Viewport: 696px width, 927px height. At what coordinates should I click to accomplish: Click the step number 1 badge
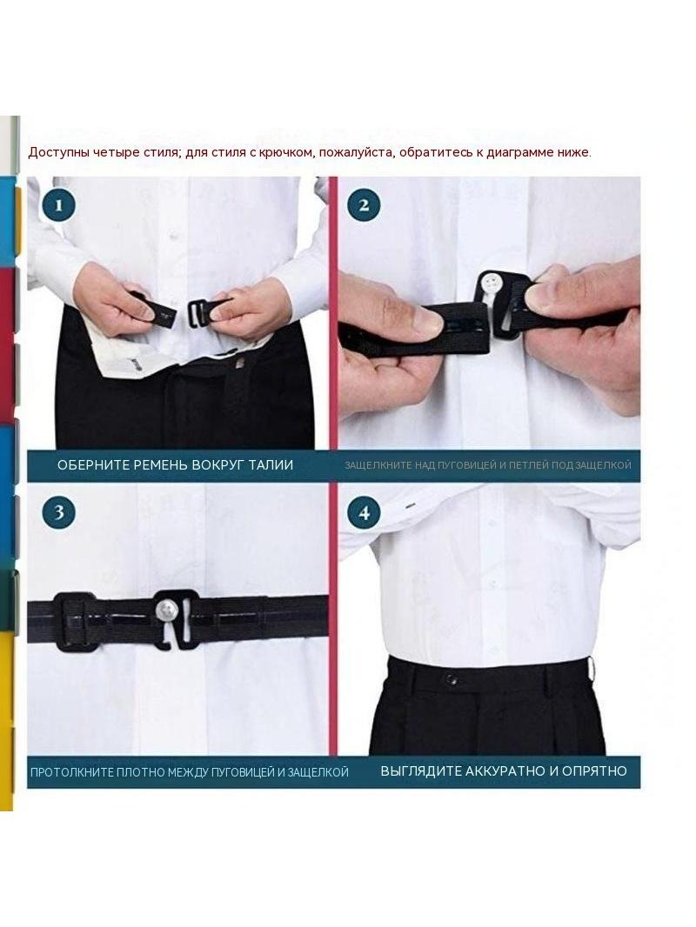point(58,205)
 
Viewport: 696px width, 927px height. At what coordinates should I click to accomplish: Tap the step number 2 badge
point(364,205)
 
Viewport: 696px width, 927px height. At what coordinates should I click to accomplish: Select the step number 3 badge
point(58,512)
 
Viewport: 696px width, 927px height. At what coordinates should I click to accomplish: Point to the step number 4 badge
point(364,512)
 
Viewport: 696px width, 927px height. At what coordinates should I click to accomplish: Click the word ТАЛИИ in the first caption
point(271,464)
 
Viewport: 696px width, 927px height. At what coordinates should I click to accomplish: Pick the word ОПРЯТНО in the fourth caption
point(594,771)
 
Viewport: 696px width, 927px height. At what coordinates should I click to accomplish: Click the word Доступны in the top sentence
point(52,152)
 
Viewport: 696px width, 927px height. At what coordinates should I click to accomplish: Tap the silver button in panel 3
point(167,609)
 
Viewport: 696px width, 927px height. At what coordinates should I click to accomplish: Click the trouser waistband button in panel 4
point(452,680)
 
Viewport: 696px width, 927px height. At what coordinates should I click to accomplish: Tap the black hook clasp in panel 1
point(202,311)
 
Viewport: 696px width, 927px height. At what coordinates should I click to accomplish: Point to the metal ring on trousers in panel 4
point(590,669)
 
